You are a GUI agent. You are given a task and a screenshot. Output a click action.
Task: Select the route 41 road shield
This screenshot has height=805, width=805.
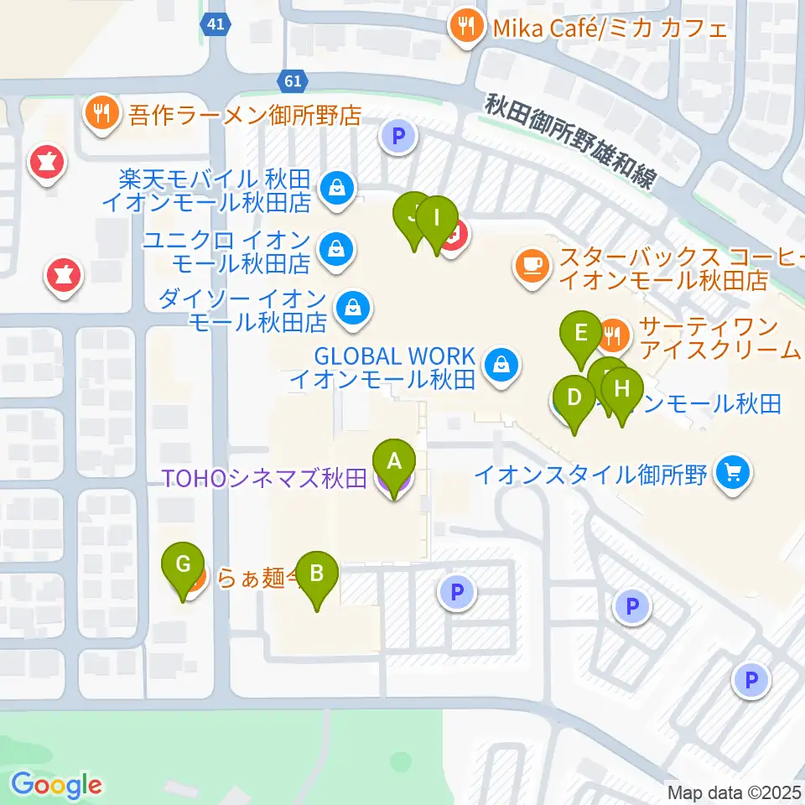pyautogui.click(x=216, y=25)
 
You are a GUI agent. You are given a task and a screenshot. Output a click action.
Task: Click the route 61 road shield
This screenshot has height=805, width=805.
pyautogui.click(x=292, y=81)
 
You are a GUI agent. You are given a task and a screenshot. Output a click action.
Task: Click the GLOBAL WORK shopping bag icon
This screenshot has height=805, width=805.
pyautogui.click(x=501, y=365)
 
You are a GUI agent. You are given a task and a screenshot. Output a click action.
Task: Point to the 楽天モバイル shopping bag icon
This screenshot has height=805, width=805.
pyautogui.click(x=336, y=188)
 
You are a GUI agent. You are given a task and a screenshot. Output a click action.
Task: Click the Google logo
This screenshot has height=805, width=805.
pyautogui.click(x=56, y=785)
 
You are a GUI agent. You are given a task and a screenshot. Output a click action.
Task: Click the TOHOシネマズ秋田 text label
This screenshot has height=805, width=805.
pyautogui.click(x=265, y=479)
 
